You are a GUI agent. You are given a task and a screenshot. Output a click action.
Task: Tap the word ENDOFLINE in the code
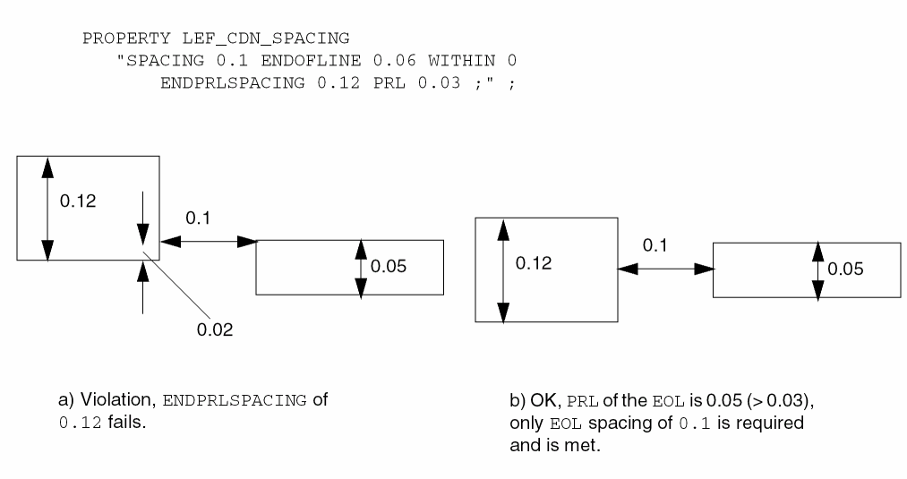331,61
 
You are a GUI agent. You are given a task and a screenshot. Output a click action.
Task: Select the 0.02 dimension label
215,330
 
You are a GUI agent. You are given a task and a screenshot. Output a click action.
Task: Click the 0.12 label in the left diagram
78,201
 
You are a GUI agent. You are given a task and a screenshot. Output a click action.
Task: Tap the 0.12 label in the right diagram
533,264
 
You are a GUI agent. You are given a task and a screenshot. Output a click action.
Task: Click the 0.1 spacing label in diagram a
198,218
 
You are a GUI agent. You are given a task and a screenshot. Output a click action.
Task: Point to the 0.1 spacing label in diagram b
655,246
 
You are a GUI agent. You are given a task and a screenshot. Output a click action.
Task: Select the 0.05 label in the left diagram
388,267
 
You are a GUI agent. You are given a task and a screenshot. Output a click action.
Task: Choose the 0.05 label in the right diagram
845,269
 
